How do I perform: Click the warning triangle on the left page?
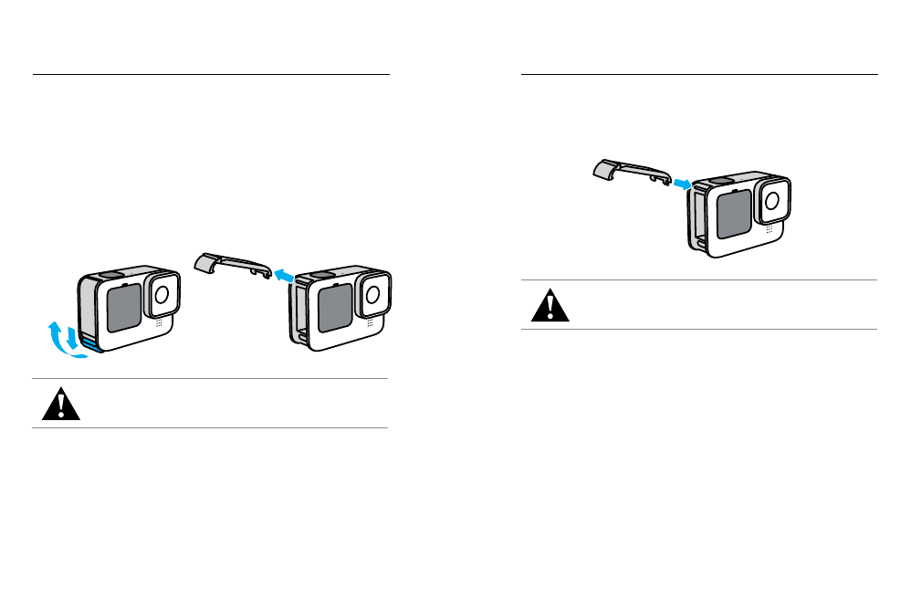click(60, 404)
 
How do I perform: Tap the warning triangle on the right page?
click(550, 305)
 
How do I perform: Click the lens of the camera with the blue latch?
click(162, 293)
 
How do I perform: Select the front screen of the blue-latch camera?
click(124, 307)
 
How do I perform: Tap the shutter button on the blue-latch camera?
click(109, 273)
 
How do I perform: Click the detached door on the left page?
click(234, 264)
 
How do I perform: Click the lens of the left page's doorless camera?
click(372, 292)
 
